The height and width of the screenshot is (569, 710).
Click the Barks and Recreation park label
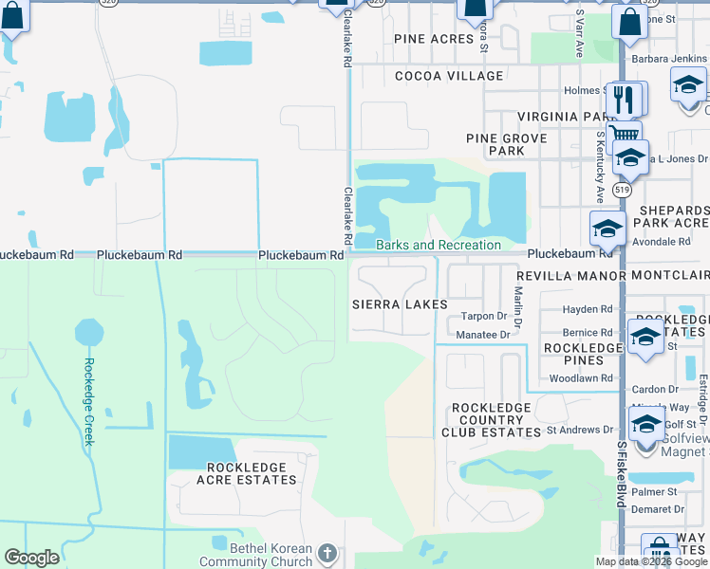click(438, 246)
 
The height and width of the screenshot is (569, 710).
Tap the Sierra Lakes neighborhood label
click(400, 304)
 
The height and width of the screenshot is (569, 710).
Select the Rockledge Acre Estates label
click(252, 473)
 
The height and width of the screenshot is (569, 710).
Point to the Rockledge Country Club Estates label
click(491, 419)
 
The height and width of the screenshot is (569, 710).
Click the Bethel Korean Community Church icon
click(327, 553)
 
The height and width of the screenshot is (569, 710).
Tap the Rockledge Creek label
click(88, 402)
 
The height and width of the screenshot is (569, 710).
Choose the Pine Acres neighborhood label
click(434, 39)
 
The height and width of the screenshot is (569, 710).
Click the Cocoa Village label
click(449, 76)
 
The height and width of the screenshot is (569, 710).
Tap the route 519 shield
click(622, 190)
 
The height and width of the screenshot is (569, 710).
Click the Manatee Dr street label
click(484, 335)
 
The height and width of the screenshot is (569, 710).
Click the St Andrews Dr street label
click(579, 430)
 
